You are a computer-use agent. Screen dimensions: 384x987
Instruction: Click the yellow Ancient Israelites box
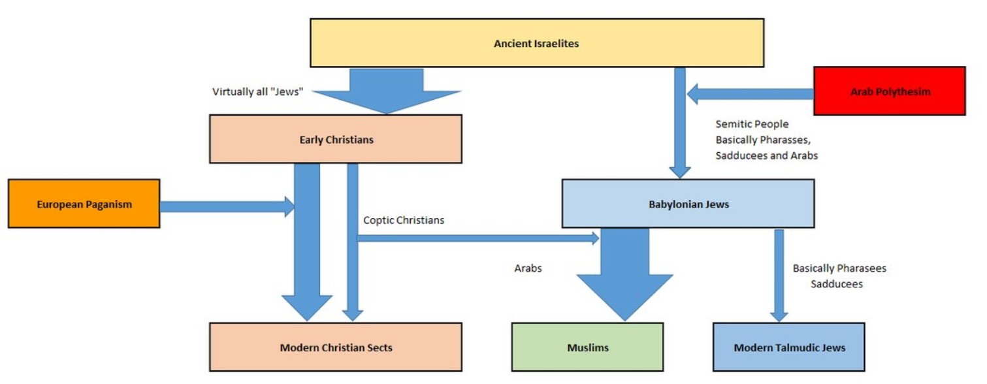[x=536, y=43]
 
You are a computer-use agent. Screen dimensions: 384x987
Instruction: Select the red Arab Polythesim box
[x=889, y=91]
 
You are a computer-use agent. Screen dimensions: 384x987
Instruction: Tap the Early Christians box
[x=335, y=139]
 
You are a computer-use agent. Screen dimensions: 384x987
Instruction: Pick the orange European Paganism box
[x=84, y=204]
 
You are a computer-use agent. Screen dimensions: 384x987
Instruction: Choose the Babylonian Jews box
[x=688, y=204]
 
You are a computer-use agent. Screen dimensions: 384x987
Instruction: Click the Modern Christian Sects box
[x=335, y=347]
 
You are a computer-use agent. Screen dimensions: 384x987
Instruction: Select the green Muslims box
[x=587, y=347]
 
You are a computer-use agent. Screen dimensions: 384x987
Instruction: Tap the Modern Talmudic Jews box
[x=788, y=347]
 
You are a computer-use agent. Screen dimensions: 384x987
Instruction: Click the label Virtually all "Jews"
[x=258, y=91]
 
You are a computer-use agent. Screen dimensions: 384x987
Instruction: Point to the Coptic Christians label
[x=403, y=220]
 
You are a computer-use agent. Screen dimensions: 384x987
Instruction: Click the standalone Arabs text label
[x=528, y=268]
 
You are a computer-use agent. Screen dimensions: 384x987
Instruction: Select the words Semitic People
[x=751, y=124]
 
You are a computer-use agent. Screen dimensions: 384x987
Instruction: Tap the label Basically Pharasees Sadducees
[x=839, y=276]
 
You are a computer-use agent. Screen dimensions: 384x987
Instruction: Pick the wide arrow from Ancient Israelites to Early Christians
[x=387, y=90]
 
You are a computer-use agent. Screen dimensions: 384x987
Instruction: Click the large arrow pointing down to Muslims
[x=624, y=274]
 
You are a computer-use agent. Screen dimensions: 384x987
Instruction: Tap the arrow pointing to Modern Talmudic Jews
[x=779, y=274]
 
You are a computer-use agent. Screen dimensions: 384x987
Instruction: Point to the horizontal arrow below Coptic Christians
[x=477, y=238]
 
